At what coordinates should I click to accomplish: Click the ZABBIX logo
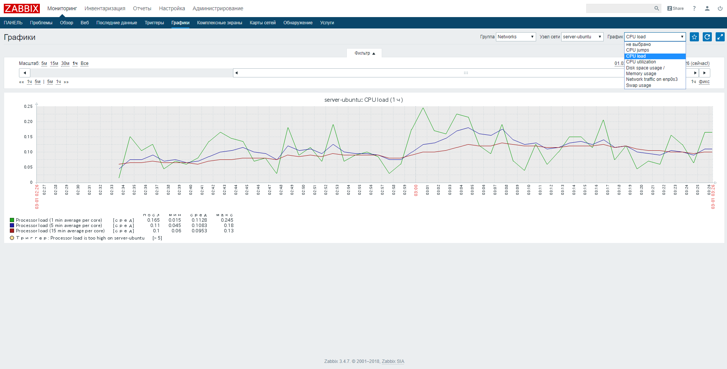22,8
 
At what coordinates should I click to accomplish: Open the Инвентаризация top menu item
105,8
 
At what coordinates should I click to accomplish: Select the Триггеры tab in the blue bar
154,23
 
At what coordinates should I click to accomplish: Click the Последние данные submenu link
116,23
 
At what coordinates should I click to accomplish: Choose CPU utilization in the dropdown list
641,62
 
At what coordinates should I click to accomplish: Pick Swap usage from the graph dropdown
639,85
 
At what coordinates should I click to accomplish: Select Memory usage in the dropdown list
641,74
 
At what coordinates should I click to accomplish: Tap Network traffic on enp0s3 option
651,79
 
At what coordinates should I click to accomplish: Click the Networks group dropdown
516,37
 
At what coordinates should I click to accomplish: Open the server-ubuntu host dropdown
582,37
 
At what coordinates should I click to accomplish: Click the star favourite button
694,37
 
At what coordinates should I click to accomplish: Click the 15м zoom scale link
54,63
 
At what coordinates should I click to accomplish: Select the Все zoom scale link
85,63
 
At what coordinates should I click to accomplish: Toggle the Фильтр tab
364,53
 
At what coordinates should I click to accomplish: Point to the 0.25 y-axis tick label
28,106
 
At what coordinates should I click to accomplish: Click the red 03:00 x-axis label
416,190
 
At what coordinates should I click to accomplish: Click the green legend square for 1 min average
12,220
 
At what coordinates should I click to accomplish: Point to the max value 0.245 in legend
227,220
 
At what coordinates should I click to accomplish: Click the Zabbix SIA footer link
393,361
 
